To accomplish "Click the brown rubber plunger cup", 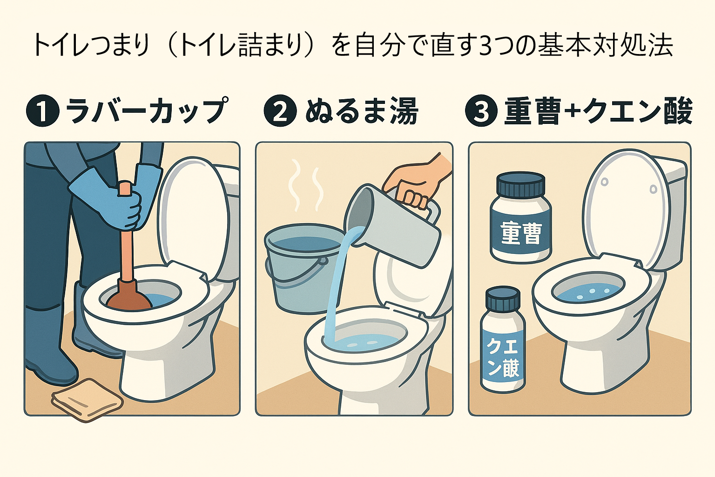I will [x=128, y=296].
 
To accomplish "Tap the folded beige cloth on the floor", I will [x=87, y=399].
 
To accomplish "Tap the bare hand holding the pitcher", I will [x=417, y=182].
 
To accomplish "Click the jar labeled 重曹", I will [x=521, y=219].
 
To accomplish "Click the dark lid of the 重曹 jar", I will [x=520, y=184].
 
